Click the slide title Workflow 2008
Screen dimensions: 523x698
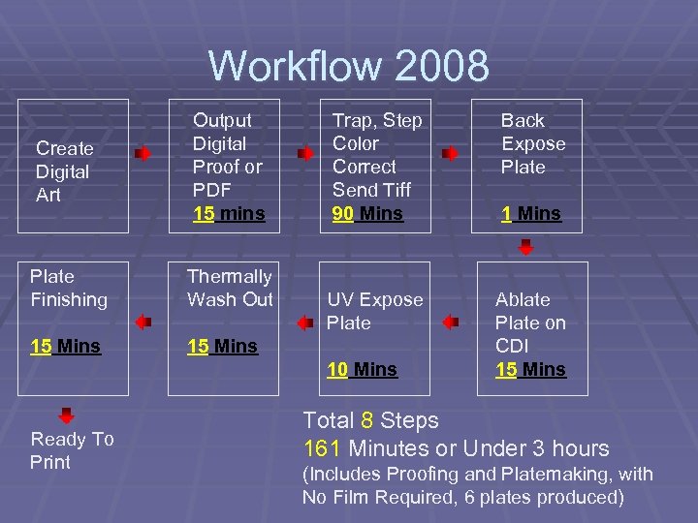349,66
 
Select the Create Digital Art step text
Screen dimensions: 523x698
65,171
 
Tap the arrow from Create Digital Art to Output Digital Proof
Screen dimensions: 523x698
143,154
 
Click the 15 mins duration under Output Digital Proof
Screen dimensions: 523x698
229,213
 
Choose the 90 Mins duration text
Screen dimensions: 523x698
367,213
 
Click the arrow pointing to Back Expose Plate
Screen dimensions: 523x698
450,154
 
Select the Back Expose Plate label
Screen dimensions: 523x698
532,143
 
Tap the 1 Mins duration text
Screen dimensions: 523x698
531,213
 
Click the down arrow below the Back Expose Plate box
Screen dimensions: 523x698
525,248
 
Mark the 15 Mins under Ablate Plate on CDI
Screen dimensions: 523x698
530,369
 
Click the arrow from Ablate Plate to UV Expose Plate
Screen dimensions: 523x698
450,322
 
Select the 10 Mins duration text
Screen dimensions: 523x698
362,369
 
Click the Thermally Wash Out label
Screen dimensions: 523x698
230,288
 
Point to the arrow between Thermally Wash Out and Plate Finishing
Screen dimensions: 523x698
143,322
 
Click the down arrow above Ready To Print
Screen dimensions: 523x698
66,416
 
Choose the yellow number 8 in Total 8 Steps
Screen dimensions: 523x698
367,420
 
